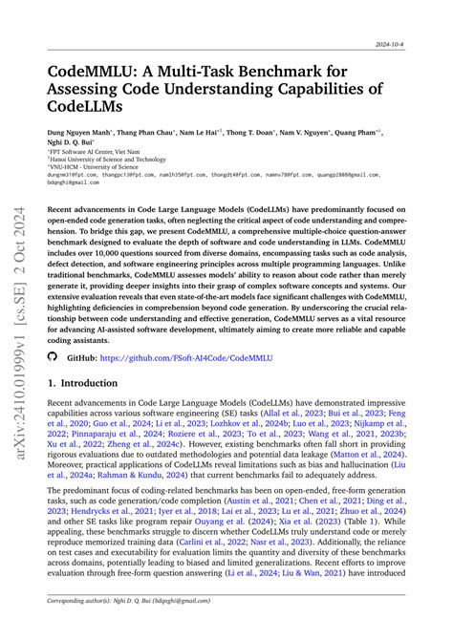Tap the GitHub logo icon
coord(53,355)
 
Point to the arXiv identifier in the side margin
coord(20,320)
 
